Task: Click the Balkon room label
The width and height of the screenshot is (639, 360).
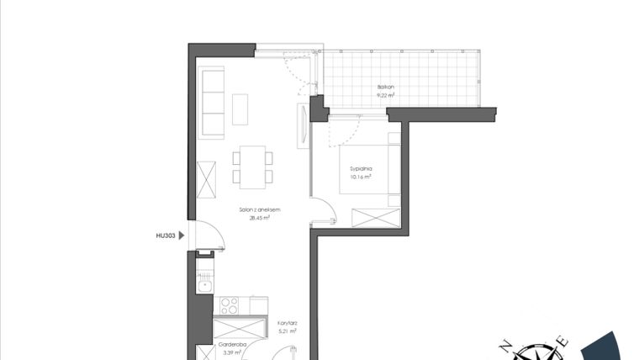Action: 386,87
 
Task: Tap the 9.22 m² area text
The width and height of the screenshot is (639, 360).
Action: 386,95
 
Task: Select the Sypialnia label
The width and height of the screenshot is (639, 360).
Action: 362,169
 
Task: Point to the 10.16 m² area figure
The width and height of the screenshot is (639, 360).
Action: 362,177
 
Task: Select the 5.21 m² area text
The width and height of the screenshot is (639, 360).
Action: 287,331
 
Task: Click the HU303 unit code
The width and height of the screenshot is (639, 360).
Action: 164,237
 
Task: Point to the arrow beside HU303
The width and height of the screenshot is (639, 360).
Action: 181,237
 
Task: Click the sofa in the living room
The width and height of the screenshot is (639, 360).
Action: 213,103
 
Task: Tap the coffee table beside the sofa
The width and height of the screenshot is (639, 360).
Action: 240,109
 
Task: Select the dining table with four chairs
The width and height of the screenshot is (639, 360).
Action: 252,166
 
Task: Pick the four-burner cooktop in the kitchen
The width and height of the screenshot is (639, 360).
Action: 230,304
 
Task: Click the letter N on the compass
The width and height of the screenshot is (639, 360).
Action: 506,345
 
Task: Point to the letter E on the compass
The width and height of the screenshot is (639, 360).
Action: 564,341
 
